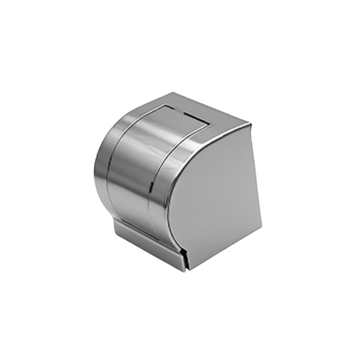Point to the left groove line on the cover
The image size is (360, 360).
(113, 172)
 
